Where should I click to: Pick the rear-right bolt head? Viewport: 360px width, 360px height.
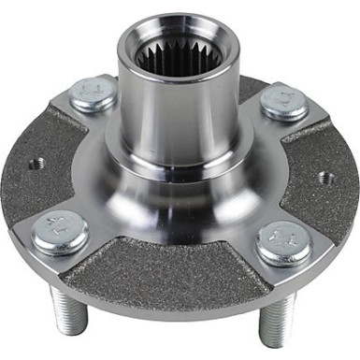[x=284, y=101]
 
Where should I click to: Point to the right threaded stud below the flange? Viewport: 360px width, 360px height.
[x=273, y=323]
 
